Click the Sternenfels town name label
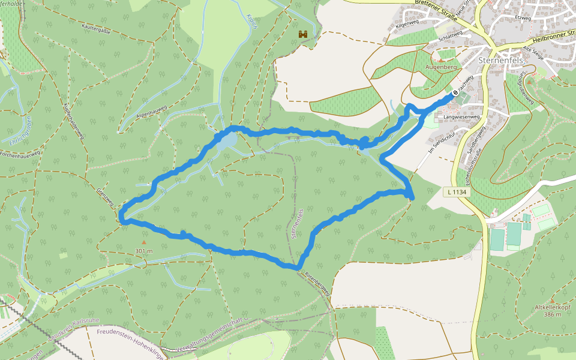point(502,61)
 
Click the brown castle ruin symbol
point(303,35)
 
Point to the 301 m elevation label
point(143,250)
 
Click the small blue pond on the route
point(227,142)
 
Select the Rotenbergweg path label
point(317,281)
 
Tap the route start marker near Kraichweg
point(455,94)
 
